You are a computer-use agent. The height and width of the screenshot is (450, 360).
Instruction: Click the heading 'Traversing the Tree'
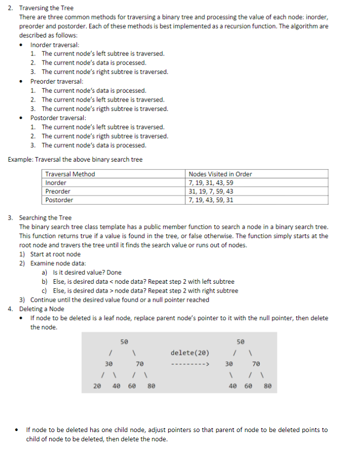(x=46, y=8)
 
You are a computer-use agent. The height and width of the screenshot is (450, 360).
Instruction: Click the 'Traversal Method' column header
(x=70, y=174)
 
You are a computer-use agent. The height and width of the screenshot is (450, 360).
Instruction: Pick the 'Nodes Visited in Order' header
(x=221, y=174)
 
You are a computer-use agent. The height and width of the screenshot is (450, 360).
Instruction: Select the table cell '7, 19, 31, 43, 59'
(x=211, y=183)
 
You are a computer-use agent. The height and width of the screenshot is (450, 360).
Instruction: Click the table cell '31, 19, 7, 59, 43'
(x=211, y=191)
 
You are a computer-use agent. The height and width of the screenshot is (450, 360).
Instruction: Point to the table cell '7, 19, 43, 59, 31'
(x=211, y=200)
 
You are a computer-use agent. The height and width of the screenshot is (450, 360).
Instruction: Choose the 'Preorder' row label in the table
(x=58, y=191)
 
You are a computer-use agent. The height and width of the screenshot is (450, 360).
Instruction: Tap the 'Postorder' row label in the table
(x=59, y=200)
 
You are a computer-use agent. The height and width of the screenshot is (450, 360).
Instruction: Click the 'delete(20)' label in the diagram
(x=190, y=352)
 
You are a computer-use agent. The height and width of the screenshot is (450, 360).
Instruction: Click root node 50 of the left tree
(x=124, y=341)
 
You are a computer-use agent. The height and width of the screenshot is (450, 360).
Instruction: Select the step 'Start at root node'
(x=55, y=254)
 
